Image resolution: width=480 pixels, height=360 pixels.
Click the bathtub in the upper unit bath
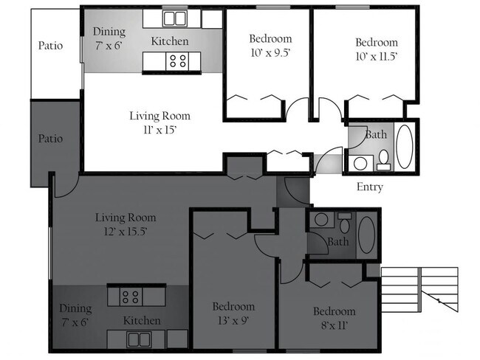coord(404,147)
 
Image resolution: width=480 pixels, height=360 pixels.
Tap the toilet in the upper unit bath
coord(383,159)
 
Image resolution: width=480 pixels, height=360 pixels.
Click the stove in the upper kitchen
coord(177,60)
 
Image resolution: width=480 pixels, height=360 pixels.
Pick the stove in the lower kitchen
coord(131,297)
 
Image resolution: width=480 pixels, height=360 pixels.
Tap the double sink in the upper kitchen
coord(174,18)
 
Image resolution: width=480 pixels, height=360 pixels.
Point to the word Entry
coord(369,187)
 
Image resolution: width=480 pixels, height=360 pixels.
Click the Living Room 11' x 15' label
coord(160,122)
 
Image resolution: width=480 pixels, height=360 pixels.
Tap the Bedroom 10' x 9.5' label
coord(270,45)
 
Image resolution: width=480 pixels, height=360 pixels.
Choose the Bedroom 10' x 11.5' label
coord(376,49)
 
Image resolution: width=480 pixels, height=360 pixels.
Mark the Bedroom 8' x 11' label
coord(334,318)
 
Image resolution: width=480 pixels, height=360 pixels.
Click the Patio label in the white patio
coord(50,46)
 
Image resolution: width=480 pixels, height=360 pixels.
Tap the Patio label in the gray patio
coord(50,139)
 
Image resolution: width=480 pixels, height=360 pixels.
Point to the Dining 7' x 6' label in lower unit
coord(76,315)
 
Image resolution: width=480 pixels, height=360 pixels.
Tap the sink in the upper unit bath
coord(360,163)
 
